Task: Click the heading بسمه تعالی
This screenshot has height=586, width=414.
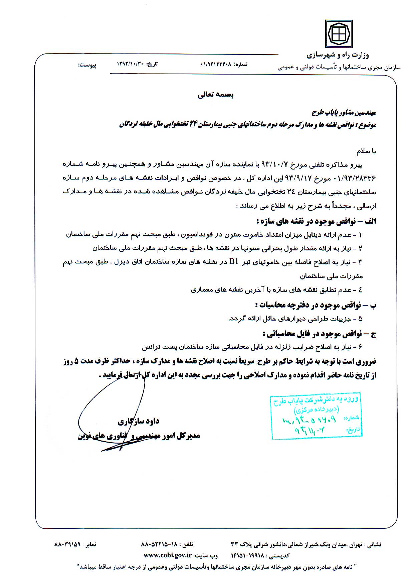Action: [x=216, y=95]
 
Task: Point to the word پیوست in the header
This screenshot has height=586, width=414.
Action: [x=87, y=65]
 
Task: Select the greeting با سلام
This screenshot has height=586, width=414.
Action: [x=366, y=151]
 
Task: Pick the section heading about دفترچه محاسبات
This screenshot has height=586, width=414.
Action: [x=316, y=305]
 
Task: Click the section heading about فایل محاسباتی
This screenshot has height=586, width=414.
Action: [x=320, y=334]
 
